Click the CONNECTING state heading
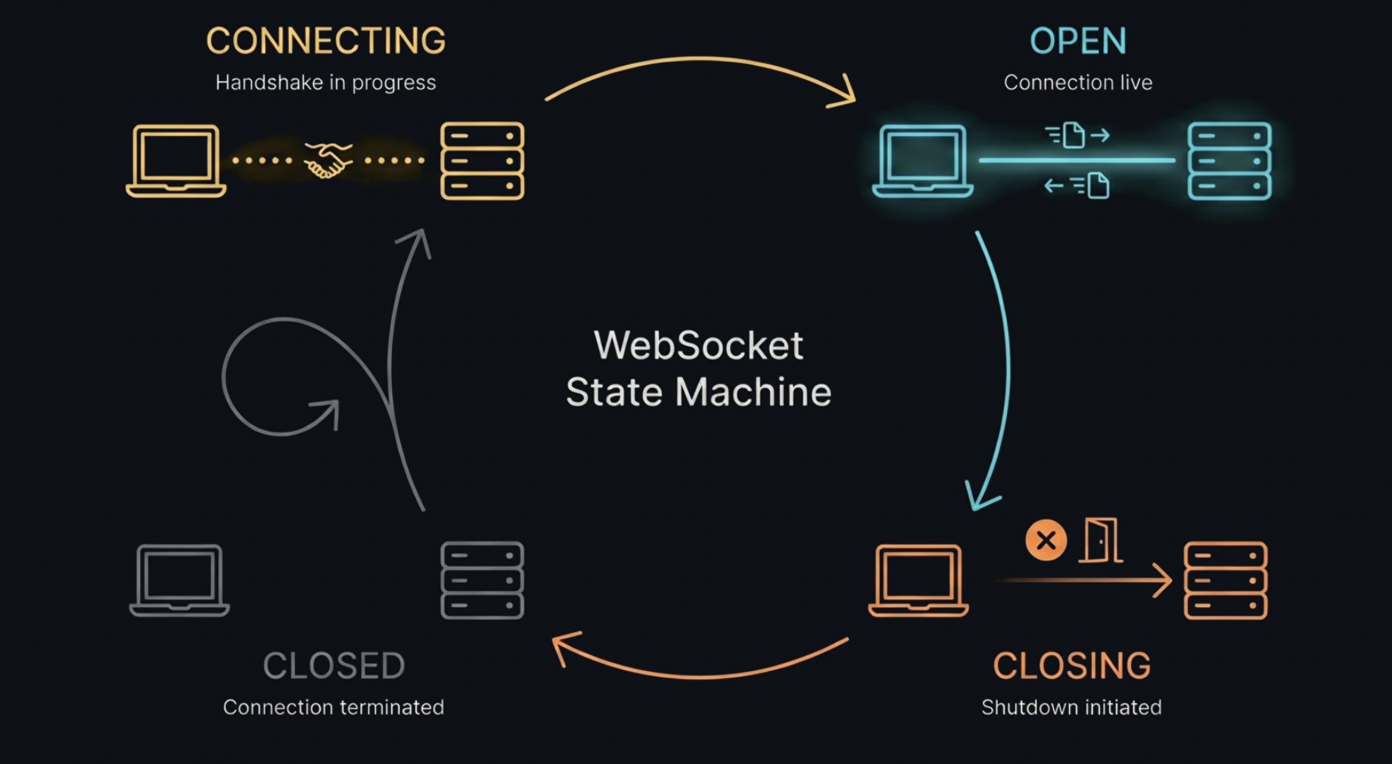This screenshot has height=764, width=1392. pos(326,41)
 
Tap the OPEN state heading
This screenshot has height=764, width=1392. pos(1078,41)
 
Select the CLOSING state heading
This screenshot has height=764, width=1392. pos(1071,666)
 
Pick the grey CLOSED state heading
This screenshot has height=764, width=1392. pos(334,666)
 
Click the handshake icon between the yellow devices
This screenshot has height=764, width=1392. pos(328,160)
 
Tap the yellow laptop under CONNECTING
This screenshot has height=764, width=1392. pos(176,160)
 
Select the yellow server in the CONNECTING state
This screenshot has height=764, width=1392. pos(483,160)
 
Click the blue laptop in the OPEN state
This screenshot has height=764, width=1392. pos(922,160)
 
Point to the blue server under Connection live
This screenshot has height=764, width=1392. pos(1229,160)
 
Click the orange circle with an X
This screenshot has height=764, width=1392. pos(1046,540)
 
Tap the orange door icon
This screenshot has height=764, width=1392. pos(1101,540)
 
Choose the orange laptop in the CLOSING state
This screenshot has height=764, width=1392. pos(918,580)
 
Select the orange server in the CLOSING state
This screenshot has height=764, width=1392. pos(1226,580)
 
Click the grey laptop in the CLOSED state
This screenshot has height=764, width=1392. pos(179,580)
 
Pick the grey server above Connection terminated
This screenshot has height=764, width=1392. pos(483,580)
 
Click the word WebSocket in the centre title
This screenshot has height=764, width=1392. pos(698,346)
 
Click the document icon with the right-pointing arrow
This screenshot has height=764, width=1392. pos(1074,135)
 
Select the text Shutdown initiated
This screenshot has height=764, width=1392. pos(1071,707)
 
